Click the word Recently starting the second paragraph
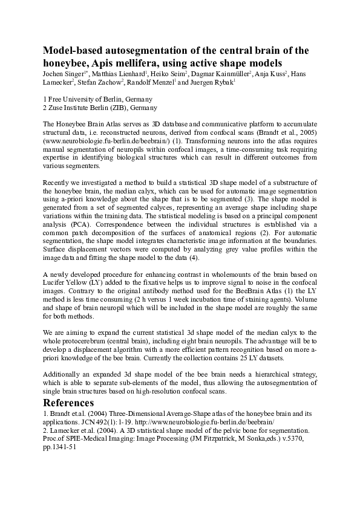(59, 182)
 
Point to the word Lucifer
(56, 281)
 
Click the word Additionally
(64, 375)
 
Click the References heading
(68, 403)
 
